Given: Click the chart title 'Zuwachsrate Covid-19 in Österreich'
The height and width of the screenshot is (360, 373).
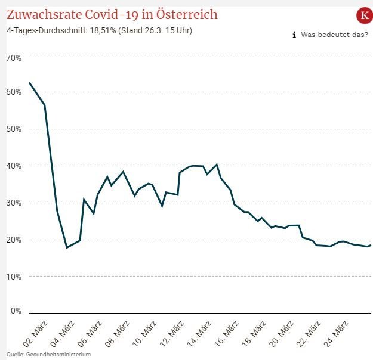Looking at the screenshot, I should point(112,14).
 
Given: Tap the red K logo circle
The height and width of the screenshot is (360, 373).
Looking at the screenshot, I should point(363,15).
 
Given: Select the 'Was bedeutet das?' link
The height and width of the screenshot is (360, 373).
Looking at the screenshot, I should point(334,35).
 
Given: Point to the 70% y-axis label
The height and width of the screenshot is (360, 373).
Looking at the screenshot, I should point(14,58).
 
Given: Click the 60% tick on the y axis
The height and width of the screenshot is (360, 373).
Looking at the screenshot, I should point(14,92).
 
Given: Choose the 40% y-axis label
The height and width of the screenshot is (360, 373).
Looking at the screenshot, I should point(14,166).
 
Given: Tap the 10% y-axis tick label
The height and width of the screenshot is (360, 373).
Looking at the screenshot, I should point(14,277).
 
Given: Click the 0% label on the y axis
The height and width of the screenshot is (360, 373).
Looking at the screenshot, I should point(16,311).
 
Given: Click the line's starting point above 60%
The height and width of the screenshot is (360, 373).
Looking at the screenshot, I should point(29,82).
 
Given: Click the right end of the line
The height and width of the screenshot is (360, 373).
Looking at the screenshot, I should point(371,245).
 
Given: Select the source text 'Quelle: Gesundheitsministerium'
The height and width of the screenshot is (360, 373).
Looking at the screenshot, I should point(48,355).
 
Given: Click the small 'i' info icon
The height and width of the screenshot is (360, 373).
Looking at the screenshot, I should point(294,35).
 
